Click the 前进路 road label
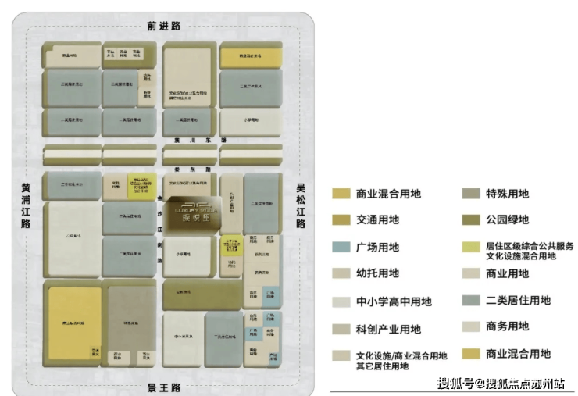(164, 26)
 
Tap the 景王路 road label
(164, 387)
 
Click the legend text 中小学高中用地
(393, 301)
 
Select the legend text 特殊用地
(507, 194)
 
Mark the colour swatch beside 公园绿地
(470, 220)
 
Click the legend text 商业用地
(507, 273)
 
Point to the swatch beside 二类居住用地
(470, 301)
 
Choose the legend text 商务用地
(507, 326)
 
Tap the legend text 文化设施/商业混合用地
(401, 355)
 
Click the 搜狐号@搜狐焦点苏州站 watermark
(505, 383)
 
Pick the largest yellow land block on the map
(75, 322)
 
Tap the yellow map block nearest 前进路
(250, 57)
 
